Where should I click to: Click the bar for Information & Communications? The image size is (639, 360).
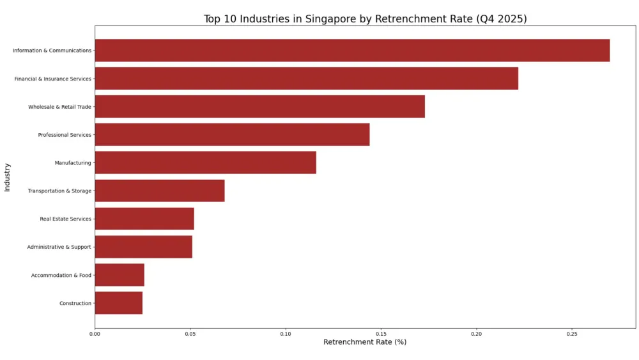[352, 51]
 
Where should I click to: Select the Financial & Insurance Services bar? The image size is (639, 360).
[306, 79]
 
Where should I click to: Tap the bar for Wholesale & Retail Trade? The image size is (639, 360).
[259, 107]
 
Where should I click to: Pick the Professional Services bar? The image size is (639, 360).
[232, 135]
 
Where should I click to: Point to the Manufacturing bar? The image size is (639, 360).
[205, 163]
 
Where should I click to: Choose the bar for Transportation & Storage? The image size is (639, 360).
[160, 191]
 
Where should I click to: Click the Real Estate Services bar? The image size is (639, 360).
[144, 219]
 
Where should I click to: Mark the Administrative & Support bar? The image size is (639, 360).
[143, 247]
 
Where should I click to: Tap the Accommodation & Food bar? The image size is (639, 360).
[119, 275]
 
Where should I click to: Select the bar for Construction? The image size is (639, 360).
[118, 303]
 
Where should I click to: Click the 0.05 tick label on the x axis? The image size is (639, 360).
[190, 334]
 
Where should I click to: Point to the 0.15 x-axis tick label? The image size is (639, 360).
[381, 334]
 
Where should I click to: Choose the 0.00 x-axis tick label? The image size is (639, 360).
[95, 334]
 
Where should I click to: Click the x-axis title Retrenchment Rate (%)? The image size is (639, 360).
[365, 342]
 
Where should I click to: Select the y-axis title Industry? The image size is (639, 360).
[7, 177]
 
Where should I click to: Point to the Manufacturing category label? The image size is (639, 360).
[73, 163]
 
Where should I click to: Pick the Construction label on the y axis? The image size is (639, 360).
[75, 303]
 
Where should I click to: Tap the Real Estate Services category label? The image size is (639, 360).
[66, 219]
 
